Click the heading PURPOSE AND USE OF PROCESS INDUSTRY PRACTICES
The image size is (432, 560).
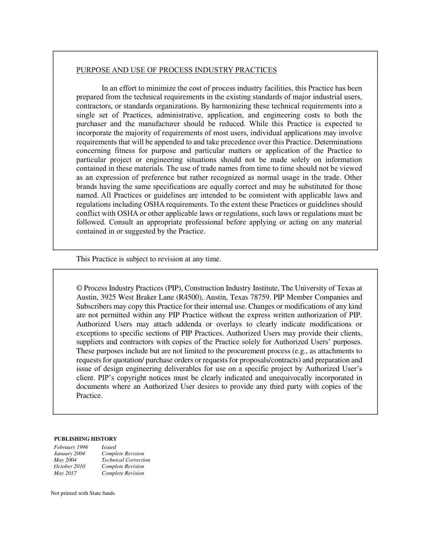176,70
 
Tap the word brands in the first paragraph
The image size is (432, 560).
86,187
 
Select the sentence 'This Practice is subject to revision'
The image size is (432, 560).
148,259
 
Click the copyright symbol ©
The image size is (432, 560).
79,288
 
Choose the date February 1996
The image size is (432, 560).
71,447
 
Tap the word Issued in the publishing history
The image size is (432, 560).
109,447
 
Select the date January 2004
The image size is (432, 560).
70,453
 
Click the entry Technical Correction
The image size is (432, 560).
126,460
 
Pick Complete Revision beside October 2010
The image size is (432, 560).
123,466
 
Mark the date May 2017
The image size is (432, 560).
65,473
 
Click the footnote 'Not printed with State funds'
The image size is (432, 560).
83,493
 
